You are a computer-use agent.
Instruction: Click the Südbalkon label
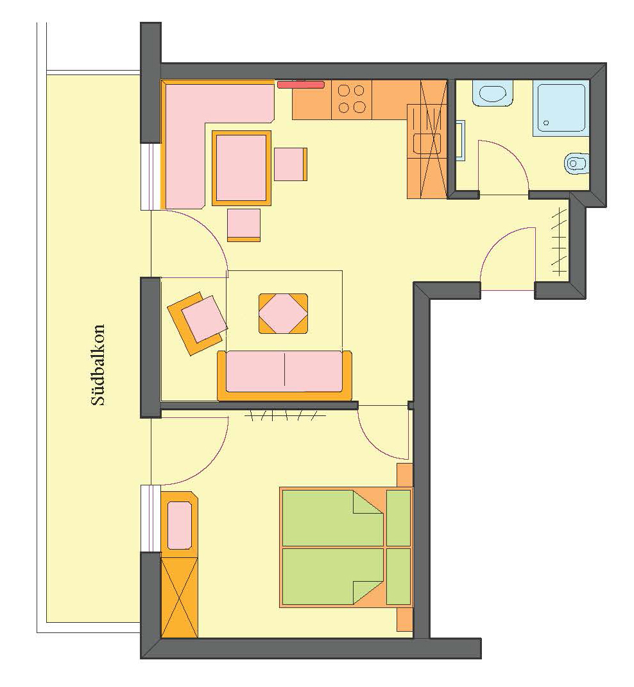click(98, 365)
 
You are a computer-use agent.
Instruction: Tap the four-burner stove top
click(352, 100)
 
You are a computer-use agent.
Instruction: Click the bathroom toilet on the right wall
click(576, 164)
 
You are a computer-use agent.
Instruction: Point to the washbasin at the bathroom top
click(493, 93)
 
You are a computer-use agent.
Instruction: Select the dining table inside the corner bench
click(242, 168)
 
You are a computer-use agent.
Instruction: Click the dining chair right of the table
click(291, 164)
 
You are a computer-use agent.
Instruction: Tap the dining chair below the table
click(244, 225)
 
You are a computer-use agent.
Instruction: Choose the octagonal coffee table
click(283, 313)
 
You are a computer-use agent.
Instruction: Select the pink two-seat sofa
click(285, 376)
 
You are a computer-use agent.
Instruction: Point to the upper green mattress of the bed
click(333, 518)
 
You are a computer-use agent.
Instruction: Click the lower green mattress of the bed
click(333, 576)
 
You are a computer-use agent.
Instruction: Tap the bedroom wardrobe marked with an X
click(180, 597)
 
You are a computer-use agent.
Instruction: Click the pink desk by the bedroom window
click(180, 525)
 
